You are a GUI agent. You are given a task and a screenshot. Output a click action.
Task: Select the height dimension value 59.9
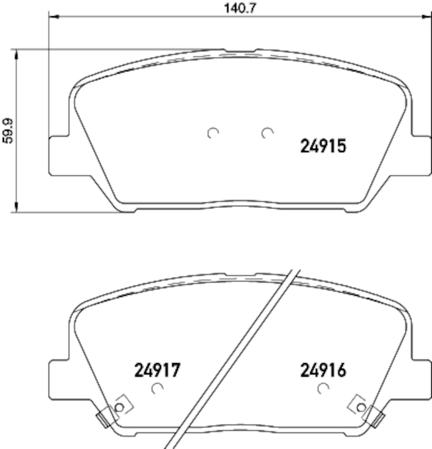[x=7, y=131]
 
